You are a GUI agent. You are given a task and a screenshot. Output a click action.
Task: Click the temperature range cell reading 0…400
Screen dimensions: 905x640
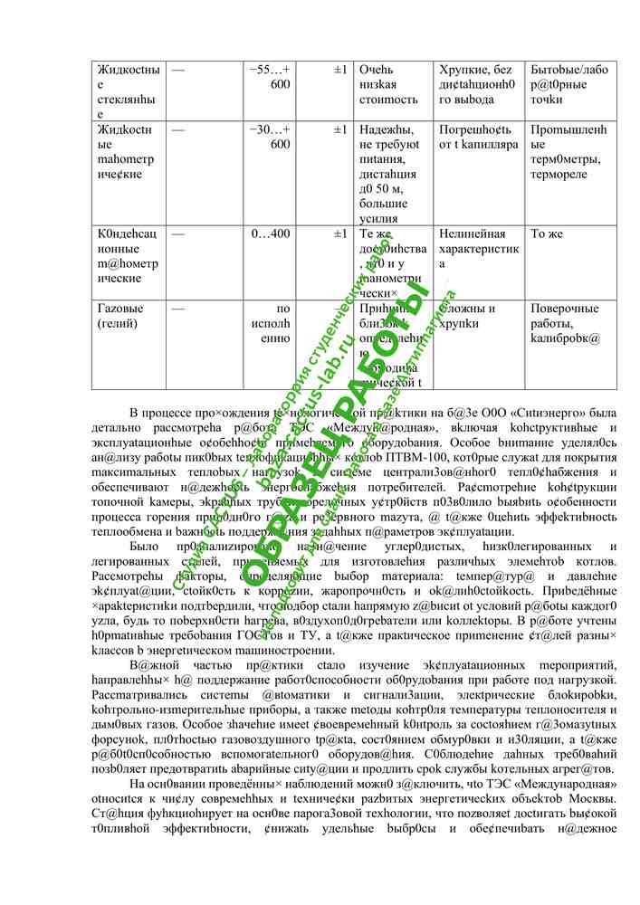pyautogui.click(x=271, y=234)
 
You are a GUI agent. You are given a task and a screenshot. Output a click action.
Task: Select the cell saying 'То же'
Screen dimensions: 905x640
pyautogui.click(x=547, y=234)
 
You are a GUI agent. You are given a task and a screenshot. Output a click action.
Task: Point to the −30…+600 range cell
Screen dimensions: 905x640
pyautogui.click(x=270, y=137)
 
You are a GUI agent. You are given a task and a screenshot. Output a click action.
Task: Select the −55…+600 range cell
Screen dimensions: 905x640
pyautogui.click(x=270, y=77)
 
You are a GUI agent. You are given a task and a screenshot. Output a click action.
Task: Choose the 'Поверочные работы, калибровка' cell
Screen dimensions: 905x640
pyautogui.click(x=566, y=323)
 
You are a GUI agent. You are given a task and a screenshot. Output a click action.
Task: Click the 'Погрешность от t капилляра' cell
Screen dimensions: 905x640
pyautogui.click(x=478, y=137)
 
